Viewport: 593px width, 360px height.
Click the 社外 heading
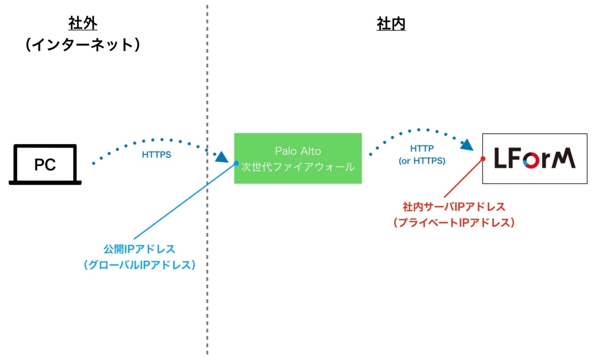tap(83, 24)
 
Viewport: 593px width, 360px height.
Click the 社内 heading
tap(391, 24)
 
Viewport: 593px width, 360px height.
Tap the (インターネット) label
tap(83, 45)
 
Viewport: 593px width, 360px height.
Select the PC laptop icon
tap(45, 164)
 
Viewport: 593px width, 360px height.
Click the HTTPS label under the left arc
tap(156, 155)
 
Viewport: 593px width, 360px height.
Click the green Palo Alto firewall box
tap(298, 159)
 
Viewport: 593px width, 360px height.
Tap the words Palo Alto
tap(298, 151)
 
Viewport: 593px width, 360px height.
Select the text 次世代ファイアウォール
tap(298, 167)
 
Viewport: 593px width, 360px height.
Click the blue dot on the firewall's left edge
tap(236, 163)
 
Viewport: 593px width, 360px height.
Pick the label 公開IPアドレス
tap(140, 249)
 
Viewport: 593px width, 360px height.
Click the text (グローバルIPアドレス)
tap(140, 265)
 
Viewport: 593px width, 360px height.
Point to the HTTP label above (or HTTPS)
tap(422, 149)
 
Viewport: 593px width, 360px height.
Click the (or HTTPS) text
tap(422, 161)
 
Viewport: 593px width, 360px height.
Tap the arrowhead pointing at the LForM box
tap(467, 145)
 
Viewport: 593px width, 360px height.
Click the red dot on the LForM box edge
tap(483, 159)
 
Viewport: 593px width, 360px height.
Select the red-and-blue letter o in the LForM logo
tap(532, 160)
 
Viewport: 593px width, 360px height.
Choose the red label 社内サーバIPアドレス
tap(454, 207)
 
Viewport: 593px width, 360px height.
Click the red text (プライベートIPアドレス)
tap(454, 222)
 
